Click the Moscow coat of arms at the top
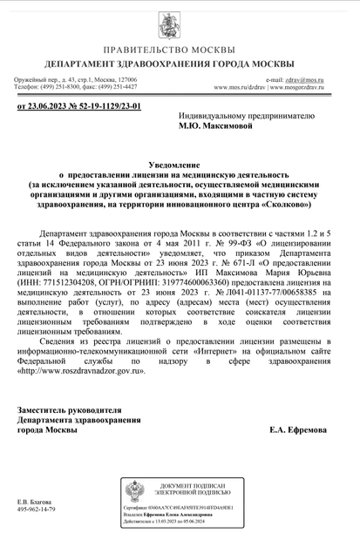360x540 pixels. click(180, 24)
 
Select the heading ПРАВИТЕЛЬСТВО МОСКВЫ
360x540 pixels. click(180, 51)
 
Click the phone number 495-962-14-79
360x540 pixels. click(36, 510)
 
